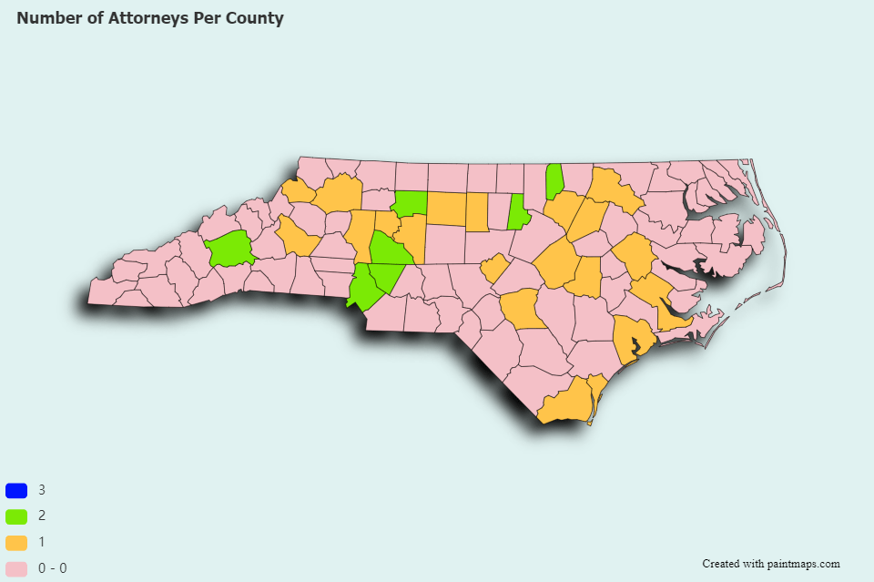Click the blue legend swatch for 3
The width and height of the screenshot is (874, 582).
[16, 490]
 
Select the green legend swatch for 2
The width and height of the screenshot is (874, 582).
[16, 516]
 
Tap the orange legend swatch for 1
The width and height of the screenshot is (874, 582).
[16, 542]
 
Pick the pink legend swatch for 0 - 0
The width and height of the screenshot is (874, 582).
[16, 568]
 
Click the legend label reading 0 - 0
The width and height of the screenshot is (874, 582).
[52, 568]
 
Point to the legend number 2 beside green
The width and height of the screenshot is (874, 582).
[42, 516]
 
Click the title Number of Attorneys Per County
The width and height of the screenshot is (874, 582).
[150, 18]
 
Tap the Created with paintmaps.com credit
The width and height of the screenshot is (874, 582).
[770, 564]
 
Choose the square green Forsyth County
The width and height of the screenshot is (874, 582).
[409, 203]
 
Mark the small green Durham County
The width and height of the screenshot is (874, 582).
[518, 214]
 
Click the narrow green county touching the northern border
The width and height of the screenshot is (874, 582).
[554, 181]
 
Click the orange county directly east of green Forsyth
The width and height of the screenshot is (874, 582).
[446, 209]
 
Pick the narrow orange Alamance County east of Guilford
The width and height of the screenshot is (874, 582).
[476, 211]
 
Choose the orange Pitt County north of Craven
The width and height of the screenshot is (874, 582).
[633, 254]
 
